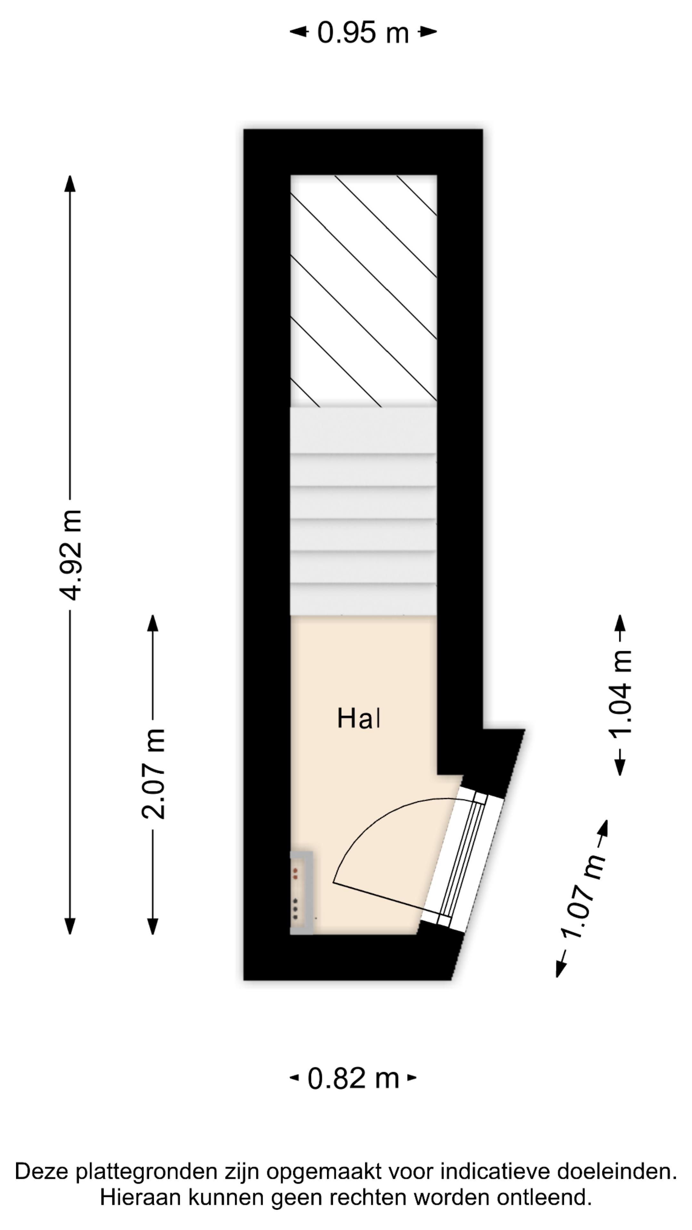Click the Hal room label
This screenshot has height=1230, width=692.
click(359, 718)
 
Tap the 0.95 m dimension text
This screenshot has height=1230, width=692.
click(363, 32)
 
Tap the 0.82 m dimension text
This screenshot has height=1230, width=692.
click(353, 1078)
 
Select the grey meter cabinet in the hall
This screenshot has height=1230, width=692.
click(301, 893)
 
